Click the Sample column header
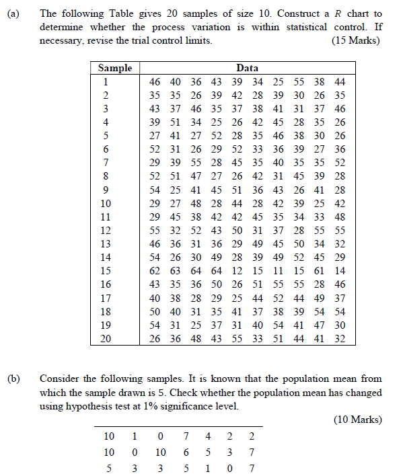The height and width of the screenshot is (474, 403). coord(115,68)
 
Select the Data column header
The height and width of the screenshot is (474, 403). coord(247,68)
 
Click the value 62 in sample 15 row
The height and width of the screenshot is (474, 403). coord(155,271)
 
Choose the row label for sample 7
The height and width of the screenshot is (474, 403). coord(105,162)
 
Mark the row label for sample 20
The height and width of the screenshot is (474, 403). coord(105,339)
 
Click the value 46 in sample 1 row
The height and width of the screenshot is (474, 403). coord(155,81)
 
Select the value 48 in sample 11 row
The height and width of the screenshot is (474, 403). coord(340,216)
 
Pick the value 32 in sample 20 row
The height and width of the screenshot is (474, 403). coord(340,339)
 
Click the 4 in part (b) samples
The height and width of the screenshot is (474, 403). coord(209,436)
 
